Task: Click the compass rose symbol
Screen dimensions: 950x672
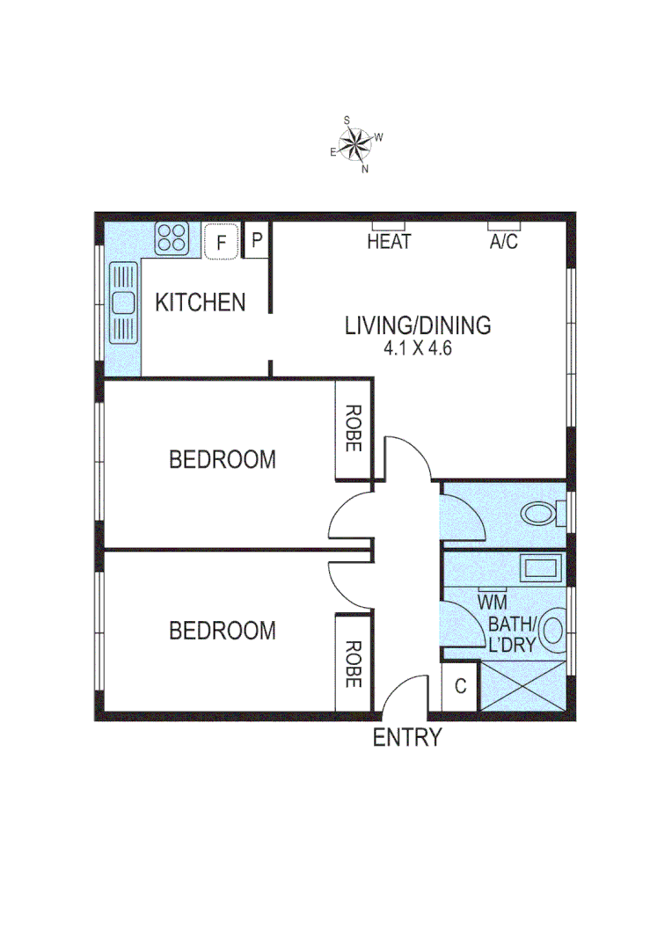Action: [x=355, y=143]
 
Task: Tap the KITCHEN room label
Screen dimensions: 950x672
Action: [x=201, y=303]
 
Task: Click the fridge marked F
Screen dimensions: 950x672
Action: [x=222, y=241]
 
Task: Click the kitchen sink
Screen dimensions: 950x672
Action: [x=122, y=303]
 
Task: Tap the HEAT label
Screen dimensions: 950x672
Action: [x=389, y=242]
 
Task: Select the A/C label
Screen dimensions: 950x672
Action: [x=504, y=242]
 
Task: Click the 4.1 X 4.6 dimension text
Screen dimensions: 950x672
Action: [x=418, y=347]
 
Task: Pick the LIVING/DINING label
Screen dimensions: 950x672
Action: [x=418, y=325]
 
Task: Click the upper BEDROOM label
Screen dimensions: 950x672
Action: [x=222, y=459]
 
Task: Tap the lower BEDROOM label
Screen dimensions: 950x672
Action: [x=222, y=631]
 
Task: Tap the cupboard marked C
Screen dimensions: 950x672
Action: [x=459, y=687]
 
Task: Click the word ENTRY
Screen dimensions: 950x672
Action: [x=407, y=738]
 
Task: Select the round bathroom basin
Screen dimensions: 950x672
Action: [x=551, y=630]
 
